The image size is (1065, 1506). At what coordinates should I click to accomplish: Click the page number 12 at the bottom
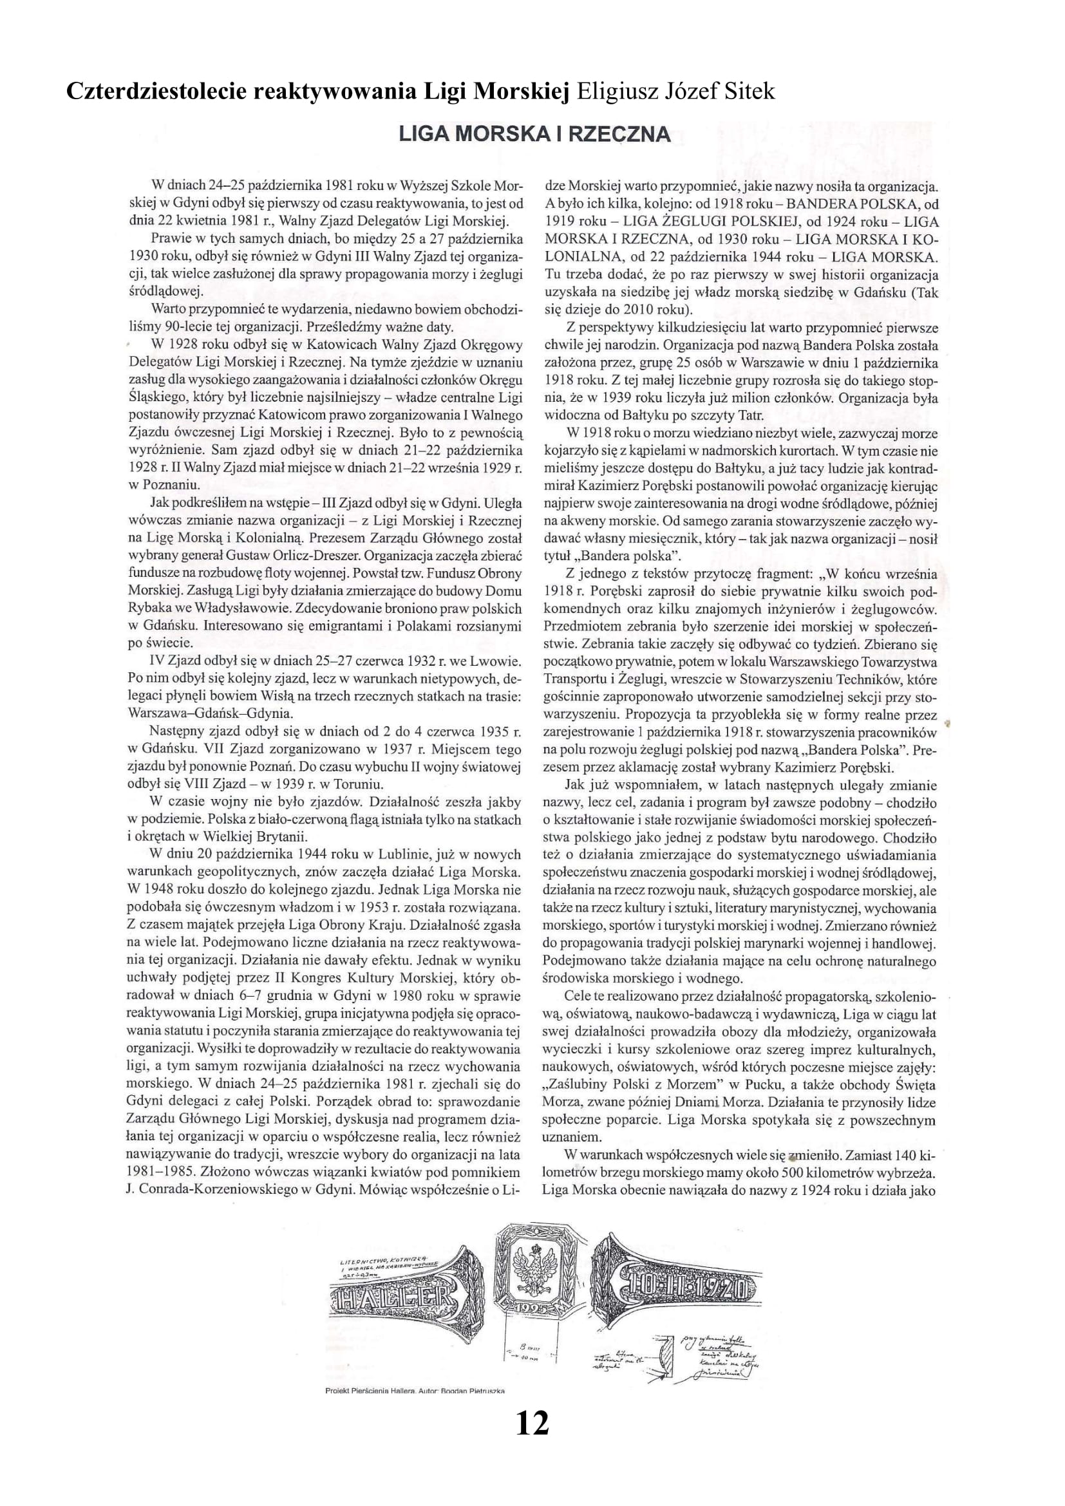pos(532,1423)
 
